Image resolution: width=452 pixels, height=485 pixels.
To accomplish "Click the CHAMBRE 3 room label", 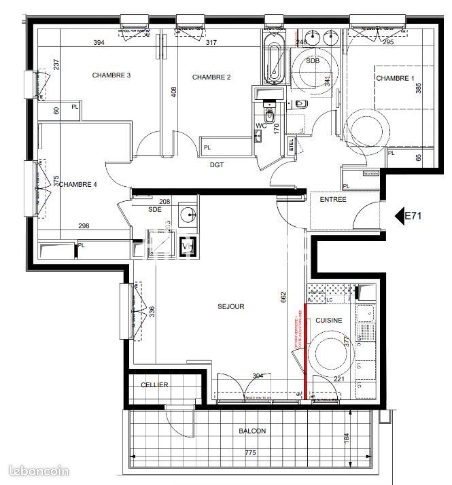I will click(111, 75).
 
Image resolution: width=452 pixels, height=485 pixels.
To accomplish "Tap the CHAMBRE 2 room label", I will click(211, 77).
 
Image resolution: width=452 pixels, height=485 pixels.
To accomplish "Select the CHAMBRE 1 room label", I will click(395, 79).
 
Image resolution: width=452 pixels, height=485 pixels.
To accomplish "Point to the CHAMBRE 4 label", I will click(78, 184).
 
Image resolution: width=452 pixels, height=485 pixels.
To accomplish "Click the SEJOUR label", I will click(230, 306).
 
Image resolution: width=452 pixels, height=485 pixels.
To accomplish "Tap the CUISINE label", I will click(328, 319).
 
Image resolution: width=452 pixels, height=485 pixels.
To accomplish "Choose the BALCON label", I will click(252, 431).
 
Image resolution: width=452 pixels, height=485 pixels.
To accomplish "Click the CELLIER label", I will click(154, 385).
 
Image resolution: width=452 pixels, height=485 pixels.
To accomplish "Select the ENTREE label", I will click(333, 200).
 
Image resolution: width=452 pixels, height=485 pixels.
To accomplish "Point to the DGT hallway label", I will click(217, 164).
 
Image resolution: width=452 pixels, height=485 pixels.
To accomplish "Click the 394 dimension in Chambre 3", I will click(99, 43).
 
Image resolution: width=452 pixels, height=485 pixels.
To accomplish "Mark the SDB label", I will click(312, 61).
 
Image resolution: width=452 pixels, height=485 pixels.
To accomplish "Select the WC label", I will click(260, 126).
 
